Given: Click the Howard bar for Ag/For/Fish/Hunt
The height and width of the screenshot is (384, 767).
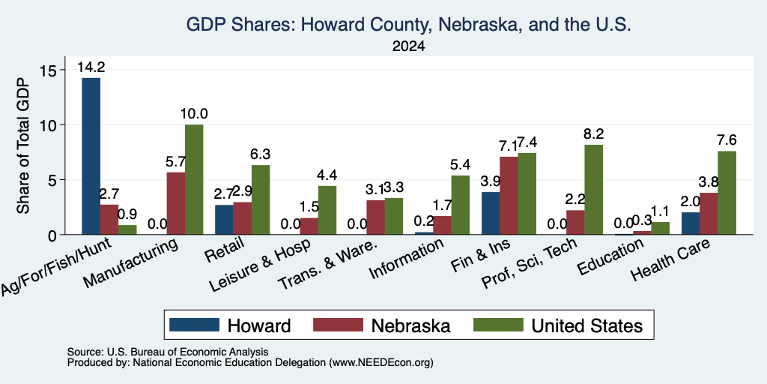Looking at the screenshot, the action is point(91,156).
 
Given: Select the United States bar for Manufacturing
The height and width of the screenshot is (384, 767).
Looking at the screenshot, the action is point(194,180).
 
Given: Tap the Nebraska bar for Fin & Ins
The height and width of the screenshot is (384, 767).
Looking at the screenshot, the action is point(509,196).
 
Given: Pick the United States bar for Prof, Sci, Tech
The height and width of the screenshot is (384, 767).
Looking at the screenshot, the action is point(594,190).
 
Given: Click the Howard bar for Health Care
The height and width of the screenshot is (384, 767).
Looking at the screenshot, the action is point(690,223).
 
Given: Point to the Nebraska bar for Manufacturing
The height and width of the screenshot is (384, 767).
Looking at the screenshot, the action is point(176,203).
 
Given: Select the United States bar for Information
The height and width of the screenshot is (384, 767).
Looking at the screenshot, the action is point(461,205).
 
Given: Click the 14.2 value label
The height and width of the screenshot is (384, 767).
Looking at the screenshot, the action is point(91,67).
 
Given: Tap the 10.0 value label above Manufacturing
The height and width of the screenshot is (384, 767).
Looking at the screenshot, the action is point(194,114).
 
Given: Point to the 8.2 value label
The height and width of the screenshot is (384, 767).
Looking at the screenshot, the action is point(594,133).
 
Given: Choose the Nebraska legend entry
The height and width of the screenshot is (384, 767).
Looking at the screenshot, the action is point(381,325).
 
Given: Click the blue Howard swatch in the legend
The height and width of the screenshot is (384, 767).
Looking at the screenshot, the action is point(194,325).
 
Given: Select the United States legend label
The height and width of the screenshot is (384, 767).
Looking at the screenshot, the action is point(587,325).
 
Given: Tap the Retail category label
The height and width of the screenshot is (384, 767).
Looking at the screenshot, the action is point(225,250).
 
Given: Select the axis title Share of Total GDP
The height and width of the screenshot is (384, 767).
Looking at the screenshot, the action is point(23,145).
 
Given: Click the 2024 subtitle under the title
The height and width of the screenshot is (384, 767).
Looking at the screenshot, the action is point(408,46).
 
